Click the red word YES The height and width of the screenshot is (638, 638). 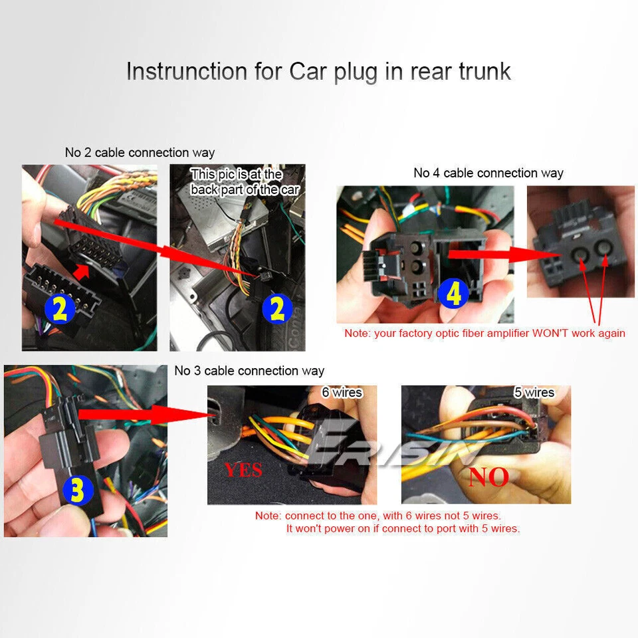[243, 471]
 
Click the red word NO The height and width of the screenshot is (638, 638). [488, 476]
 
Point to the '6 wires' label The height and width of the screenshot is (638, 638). [342, 393]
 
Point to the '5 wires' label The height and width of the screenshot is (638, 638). [534, 393]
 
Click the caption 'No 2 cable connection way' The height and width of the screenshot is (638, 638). [140, 153]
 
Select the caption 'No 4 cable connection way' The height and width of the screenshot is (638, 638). [488, 173]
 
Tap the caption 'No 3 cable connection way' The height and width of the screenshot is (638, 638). [249, 371]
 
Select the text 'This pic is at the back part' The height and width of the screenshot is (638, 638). [245, 182]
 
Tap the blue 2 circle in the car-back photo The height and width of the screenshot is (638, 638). [277, 308]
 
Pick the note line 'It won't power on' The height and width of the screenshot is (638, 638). [403, 529]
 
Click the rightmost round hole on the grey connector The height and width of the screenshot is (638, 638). [605, 249]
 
